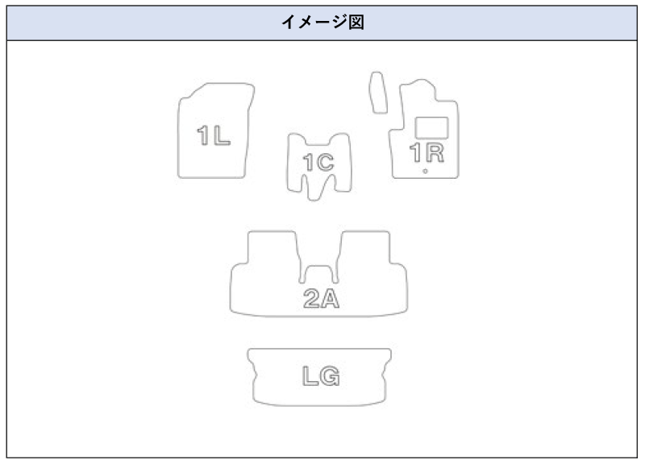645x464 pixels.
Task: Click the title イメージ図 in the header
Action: click(x=322, y=23)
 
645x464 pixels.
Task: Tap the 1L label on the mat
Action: click(x=214, y=135)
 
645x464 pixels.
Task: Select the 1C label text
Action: click(x=318, y=163)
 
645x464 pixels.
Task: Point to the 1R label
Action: click(x=427, y=152)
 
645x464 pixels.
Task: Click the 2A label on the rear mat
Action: click(x=321, y=298)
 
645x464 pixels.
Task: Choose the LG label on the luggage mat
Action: click(x=321, y=376)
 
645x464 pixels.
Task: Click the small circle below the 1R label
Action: click(x=425, y=172)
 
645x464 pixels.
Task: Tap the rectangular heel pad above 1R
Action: click(x=431, y=128)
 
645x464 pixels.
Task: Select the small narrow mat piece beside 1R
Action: click(x=378, y=93)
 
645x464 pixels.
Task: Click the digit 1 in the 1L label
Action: click(x=203, y=135)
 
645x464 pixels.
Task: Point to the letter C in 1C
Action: click(x=326, y=163)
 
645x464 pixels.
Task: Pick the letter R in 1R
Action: click(x=435, y=152)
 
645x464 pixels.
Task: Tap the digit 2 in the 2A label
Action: click(x=311, y=298)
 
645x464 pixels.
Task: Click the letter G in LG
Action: click(x=331, y=376)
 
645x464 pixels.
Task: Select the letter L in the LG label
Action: click(x=310, y=376)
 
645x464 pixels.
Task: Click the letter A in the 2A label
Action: click(x=331, y=299)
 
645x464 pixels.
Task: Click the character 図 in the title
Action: click(x=356, y=23)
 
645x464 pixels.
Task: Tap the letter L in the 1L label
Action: click(x=222, y=135)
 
